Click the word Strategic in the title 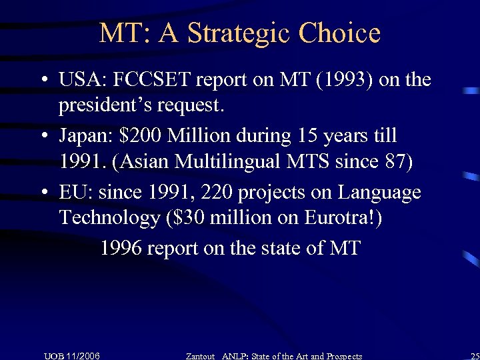point(239,33)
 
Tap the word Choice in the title point(339,33)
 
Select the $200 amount point(141,136)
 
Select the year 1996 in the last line point(121,248)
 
